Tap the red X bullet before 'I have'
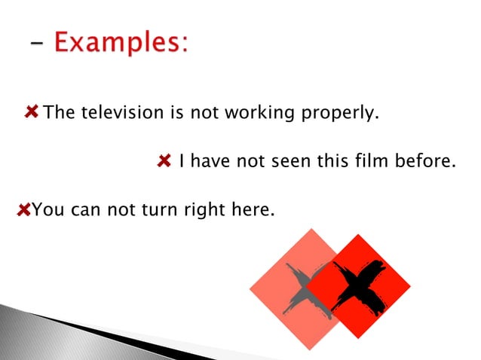[164, 160]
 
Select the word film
[375, 160]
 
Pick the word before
[428, 160]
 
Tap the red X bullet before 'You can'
[23, 209]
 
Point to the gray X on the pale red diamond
[303, 288]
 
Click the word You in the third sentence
[48, 209]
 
